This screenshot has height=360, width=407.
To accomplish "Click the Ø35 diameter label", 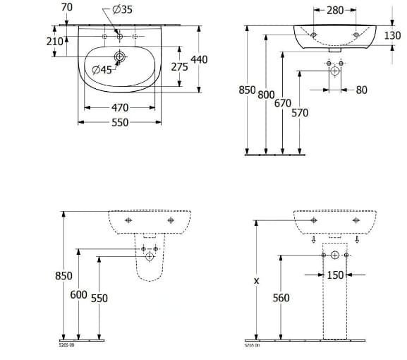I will [123, 10].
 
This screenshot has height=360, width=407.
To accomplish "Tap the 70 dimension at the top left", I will [68, 7].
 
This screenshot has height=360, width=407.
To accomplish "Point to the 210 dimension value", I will [56, 41].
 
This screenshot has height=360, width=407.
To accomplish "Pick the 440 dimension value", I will [200, 59].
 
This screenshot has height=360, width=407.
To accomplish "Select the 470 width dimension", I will [120, 108].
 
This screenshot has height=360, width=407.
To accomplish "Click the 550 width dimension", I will [120, 122].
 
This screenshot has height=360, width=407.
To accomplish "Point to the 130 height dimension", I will [393, 35].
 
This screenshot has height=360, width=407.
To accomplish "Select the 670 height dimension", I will [283, 103].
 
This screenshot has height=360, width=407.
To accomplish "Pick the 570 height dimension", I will [300, 112].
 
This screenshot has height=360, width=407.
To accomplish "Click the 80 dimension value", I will [361, 90].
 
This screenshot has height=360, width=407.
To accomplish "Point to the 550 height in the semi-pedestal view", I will [99, 298].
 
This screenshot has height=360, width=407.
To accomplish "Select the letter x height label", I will [256, 280].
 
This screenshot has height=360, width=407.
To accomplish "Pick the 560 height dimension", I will [281, 297].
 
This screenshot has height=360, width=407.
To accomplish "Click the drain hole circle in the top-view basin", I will [120, 57].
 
